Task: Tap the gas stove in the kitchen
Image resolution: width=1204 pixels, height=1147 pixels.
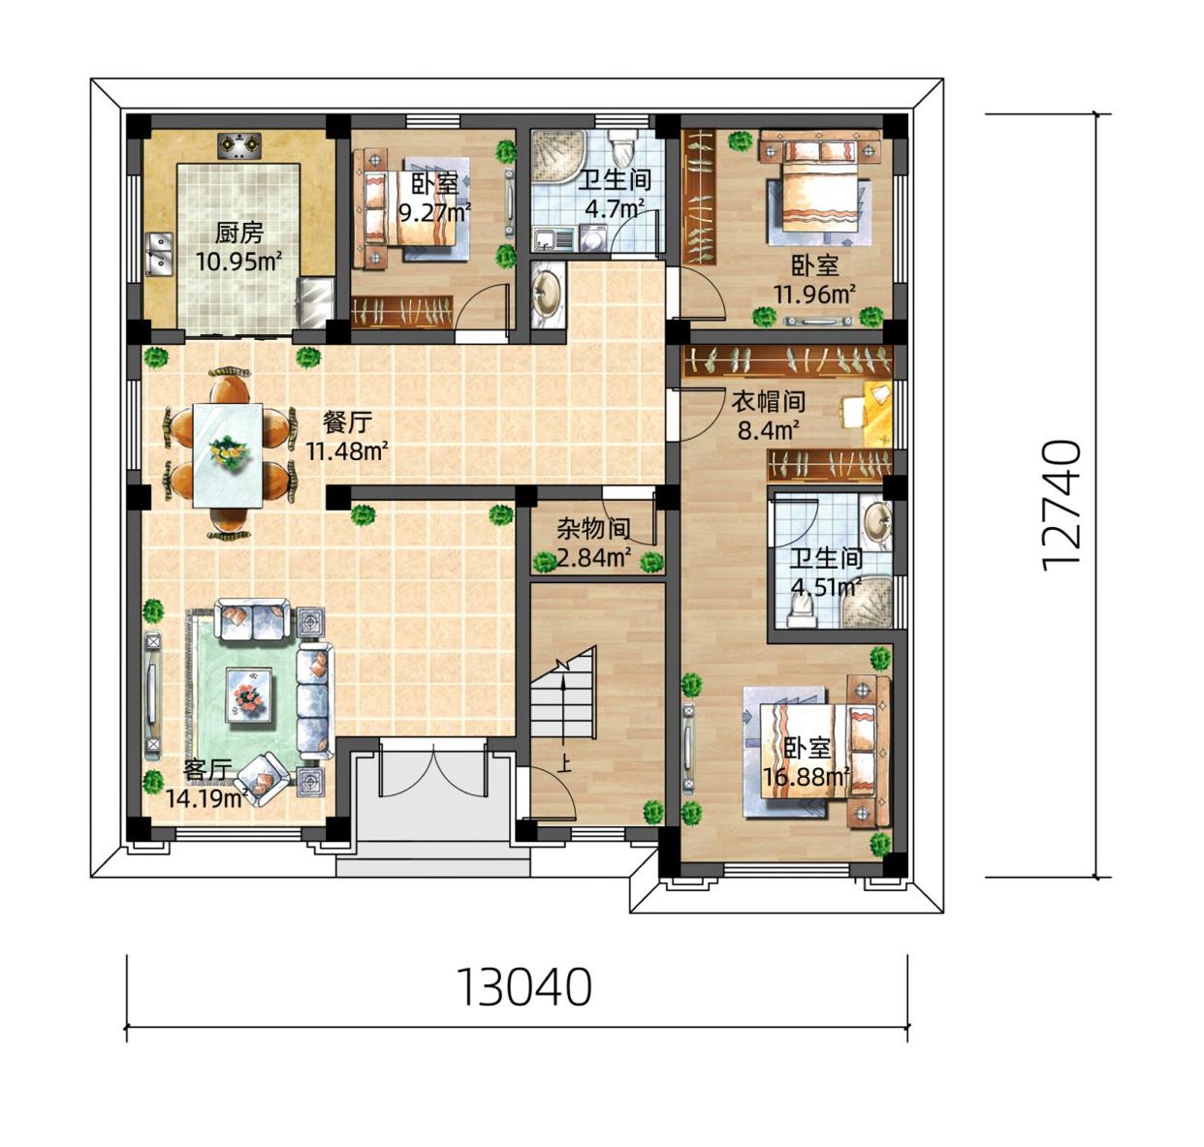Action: pos(238,146)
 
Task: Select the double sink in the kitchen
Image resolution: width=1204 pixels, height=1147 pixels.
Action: pos(160,254)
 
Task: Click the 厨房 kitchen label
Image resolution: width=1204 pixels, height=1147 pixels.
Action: pos(238,233)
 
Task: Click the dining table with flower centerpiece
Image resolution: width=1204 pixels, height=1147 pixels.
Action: pos(228,454)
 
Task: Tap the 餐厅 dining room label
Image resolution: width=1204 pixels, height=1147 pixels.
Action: pos(347,422)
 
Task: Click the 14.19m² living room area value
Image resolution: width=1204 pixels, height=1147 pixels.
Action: pos(207,798)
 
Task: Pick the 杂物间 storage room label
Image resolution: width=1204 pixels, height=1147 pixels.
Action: pos(593,530)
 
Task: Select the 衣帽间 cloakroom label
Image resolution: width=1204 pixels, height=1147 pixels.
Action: pos(769,402)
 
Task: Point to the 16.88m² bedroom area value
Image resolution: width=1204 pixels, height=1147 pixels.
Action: pos(807,778)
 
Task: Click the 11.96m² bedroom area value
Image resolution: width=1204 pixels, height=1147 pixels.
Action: pos(814,295)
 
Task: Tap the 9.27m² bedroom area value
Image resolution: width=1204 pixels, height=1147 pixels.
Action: pos(435,212)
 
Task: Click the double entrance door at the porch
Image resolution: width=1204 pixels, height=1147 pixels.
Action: pos(433,768)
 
